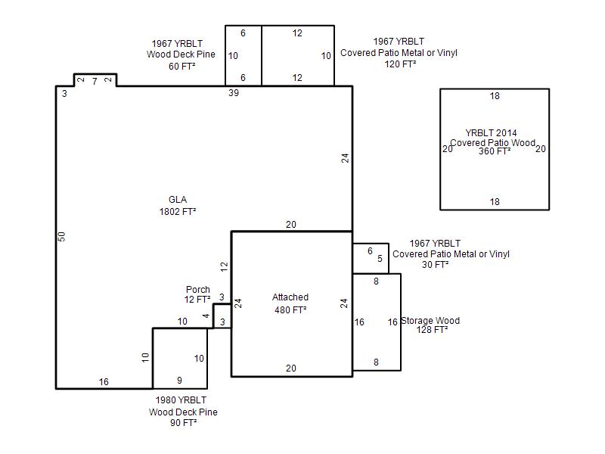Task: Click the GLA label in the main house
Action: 178,200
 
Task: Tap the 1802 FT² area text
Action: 178,212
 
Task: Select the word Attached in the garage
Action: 290,297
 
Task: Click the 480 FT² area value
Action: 290,310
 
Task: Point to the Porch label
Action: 198,290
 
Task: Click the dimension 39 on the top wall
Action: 234,93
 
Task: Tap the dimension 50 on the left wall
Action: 62,237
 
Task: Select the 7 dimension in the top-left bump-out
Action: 95,82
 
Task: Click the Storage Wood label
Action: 430,321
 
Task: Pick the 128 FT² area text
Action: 432,330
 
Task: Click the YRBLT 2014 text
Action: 491,133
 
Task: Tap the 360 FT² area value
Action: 495,151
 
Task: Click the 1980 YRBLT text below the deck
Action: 181,400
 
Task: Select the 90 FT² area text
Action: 183,423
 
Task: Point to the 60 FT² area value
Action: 181,67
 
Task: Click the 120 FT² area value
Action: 400,64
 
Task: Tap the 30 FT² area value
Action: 436,265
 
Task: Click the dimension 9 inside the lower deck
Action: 179,381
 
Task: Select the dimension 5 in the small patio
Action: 380,258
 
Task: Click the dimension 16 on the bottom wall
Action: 104,382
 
